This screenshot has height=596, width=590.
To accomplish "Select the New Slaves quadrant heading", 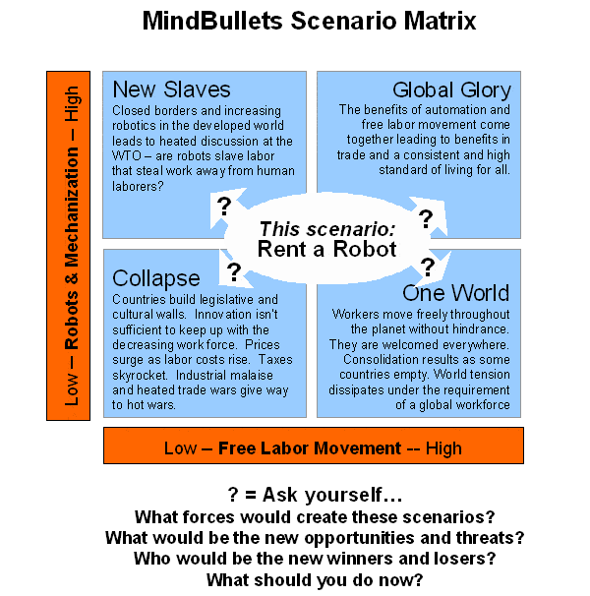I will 171,89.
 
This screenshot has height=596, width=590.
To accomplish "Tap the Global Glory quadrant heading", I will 451,90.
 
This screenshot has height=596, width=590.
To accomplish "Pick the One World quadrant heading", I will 455,293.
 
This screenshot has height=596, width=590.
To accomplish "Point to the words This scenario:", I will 326,228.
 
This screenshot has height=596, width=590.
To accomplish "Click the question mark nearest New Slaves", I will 223,207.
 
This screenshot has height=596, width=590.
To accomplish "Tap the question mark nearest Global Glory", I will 426,218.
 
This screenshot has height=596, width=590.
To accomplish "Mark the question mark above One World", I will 428,266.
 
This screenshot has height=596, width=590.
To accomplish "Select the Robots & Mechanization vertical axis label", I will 72,246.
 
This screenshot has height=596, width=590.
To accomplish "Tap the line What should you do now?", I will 315,579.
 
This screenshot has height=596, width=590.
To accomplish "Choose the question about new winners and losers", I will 315,558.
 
